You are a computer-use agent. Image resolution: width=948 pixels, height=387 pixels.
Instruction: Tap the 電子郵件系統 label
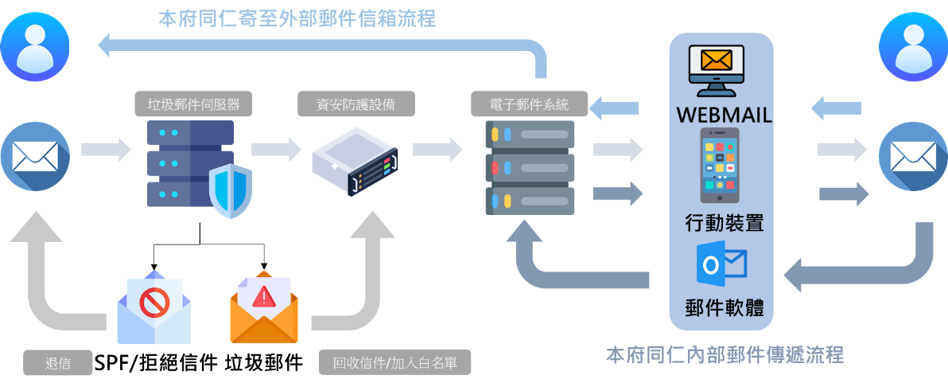pos(529,104)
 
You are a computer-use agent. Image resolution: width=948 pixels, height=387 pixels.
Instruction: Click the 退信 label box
pos(58,363)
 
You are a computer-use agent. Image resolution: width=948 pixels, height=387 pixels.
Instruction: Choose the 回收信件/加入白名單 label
pos(395,363)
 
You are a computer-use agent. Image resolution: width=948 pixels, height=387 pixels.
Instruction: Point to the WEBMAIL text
pos(724,115)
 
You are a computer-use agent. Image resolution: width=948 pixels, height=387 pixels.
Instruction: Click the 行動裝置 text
pos(724,223)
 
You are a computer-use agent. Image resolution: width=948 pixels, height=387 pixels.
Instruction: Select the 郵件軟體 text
pos(724,308)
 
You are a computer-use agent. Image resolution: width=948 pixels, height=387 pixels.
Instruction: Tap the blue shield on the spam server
pos(230,190)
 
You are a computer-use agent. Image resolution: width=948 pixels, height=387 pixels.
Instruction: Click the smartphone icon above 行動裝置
pos(723,165)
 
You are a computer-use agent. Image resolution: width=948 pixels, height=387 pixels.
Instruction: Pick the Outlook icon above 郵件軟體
pos(721,264)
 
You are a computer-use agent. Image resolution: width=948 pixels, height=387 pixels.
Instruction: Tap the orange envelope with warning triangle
pos(263,310)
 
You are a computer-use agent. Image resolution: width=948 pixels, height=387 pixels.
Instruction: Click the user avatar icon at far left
pos(35,47)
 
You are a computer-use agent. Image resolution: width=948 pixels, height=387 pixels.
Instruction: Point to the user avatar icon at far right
pos(913,48)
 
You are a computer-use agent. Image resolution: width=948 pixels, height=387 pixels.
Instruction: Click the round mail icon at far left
pos(35,156)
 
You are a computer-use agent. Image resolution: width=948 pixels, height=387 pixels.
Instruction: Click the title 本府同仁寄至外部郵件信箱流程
pos(297,18)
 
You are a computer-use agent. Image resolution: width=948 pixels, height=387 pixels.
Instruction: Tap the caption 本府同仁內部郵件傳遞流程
pos(725,354)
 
